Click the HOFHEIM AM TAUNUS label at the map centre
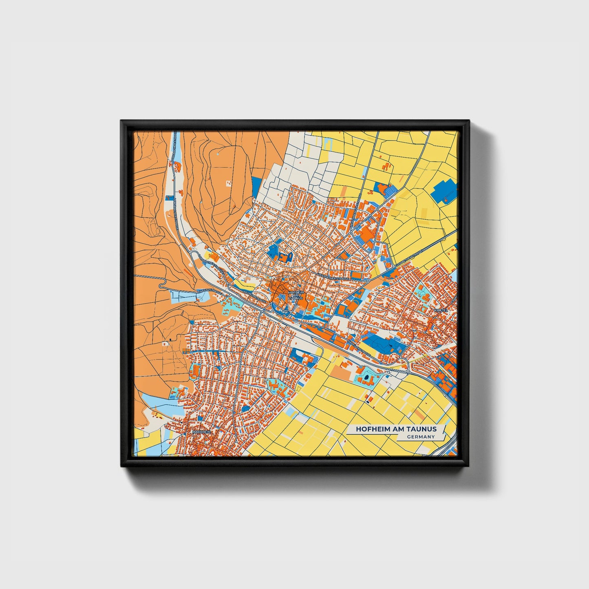point(296,295)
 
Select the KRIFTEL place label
point(441,310)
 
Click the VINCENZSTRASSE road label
point(210,292)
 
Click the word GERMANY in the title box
point(421,437)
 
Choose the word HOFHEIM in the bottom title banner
point(371,429)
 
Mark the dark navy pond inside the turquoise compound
point(368,378)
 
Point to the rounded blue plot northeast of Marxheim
point(246,408)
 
